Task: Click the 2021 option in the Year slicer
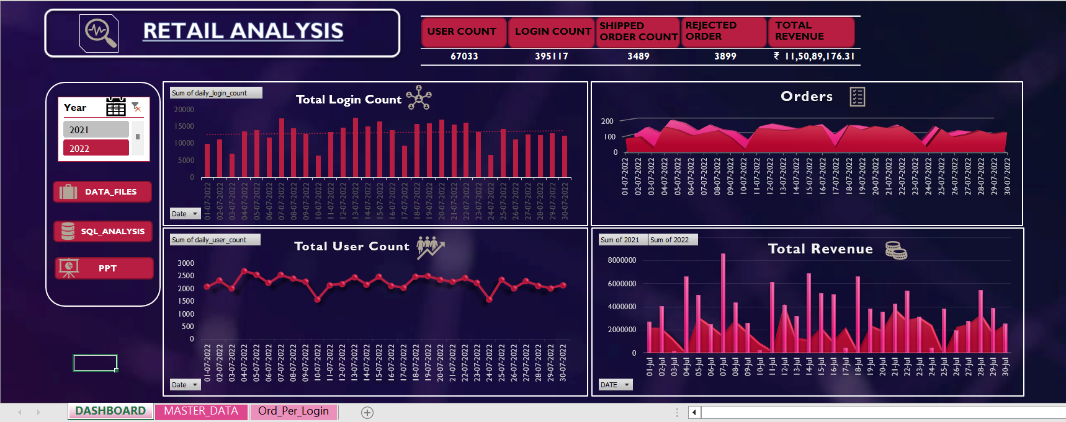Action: coord(96,130)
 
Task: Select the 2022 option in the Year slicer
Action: coord(96,148)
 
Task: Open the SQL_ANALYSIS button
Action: coord(103,231)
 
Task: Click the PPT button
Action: coord(104,268)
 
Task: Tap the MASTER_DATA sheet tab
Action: coord(201,411)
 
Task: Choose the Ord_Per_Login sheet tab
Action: coord(293,411)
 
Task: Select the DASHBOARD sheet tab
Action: coord(110,411)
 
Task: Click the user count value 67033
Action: coord(464,56)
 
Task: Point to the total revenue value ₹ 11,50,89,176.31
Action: coord(815,56)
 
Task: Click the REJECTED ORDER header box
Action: coord(723,32)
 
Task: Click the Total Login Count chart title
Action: coord(349,100)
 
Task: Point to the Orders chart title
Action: coord(807,97)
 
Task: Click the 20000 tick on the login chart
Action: coord(184,110)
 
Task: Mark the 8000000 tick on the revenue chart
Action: coord(622,260)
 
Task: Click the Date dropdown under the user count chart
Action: coord(185,385)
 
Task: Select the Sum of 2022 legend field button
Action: coord(673,240)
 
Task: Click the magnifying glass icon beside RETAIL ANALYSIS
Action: coord(99,32)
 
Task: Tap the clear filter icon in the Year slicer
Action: coord(137,107)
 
